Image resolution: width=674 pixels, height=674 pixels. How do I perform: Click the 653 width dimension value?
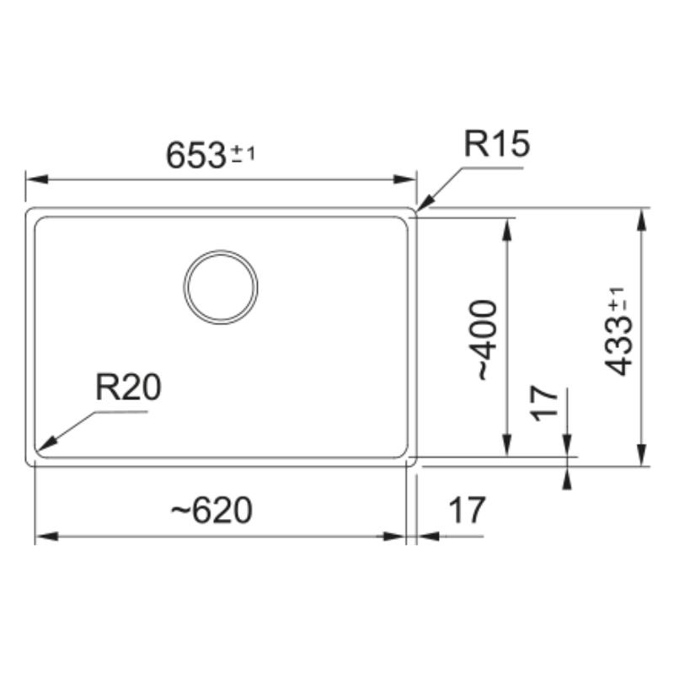point(196,155)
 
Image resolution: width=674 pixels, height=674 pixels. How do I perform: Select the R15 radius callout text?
point(497,144)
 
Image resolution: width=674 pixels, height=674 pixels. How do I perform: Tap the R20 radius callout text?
point(128,387)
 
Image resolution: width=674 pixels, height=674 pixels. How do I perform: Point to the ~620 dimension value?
point(211,511)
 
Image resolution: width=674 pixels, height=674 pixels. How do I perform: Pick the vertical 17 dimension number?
point(543,404)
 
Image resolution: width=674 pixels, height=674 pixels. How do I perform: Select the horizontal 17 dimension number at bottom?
point(467,511)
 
